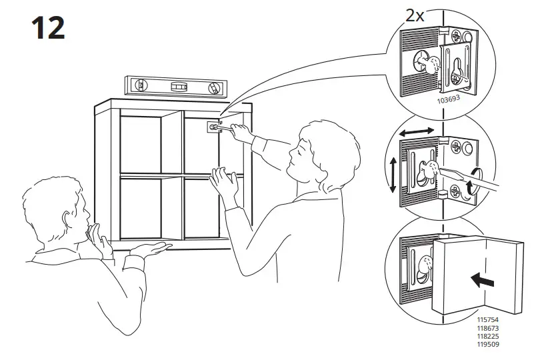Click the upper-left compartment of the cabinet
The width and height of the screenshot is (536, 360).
tap(141, 143)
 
